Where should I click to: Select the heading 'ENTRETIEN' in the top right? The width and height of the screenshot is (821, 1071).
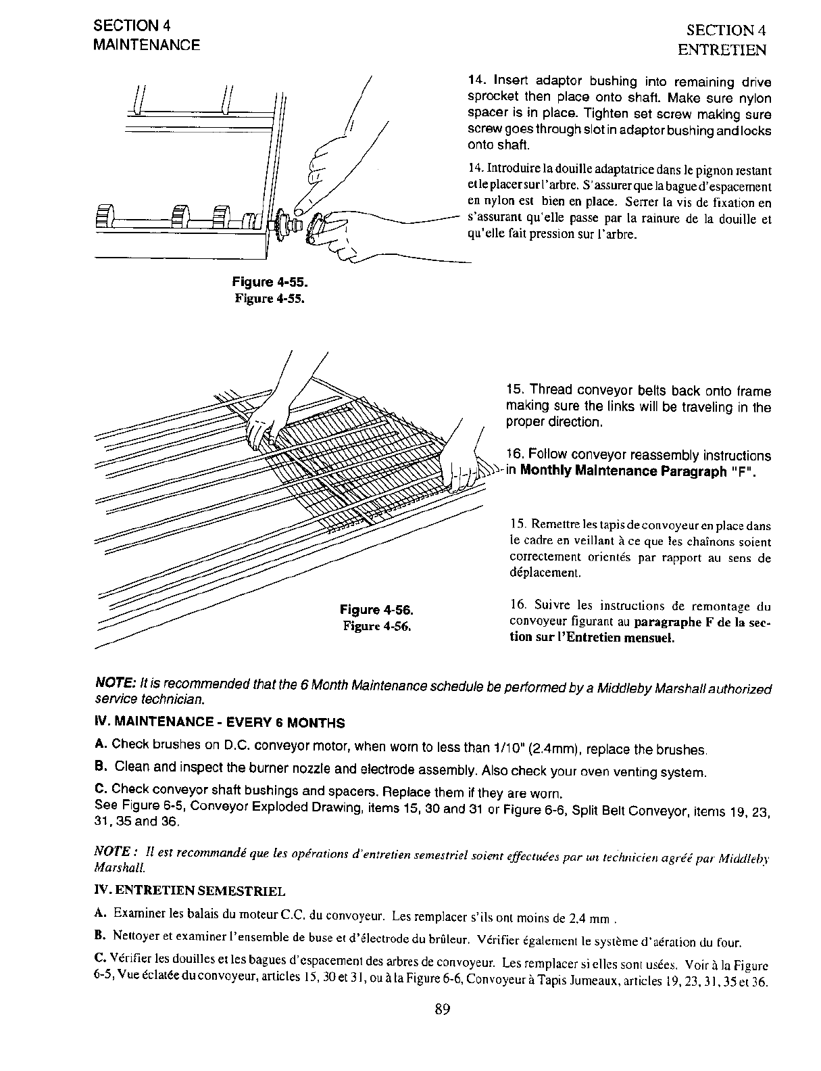[722, 50]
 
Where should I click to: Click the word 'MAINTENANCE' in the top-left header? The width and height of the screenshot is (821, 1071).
[147, 45]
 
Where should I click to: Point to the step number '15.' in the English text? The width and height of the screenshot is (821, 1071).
[516, 390]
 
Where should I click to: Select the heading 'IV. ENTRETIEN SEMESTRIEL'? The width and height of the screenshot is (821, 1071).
[191, 891]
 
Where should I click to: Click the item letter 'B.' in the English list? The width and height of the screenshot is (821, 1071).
[101, 767]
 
